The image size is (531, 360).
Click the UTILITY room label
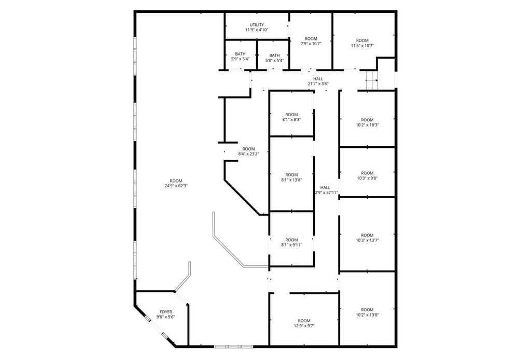[257, 27]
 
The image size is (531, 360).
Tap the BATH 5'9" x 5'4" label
[240, 57]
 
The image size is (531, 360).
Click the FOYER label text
[165, 314]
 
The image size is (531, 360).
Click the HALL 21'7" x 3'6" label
[318, 81]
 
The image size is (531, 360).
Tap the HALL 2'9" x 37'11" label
[326, 190]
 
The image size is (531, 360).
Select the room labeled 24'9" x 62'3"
[176, 183]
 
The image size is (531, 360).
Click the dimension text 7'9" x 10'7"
[311, 44]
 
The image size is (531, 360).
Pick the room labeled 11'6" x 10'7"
[362, 43]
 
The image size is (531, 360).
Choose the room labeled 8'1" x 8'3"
[291, 117]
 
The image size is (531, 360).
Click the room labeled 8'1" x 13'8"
[291, 177]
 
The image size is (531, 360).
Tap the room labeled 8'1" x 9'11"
[291, 242]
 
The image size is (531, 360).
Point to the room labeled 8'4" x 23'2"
[248, 151]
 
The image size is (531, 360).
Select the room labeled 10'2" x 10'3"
[367, 122]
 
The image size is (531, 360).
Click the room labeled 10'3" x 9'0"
[367, 175]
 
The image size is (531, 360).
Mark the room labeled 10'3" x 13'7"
[367, 238]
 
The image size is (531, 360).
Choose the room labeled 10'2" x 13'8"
[367, 312]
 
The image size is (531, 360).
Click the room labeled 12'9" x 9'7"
[304, 323]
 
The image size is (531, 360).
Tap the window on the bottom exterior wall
[233, 346]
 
